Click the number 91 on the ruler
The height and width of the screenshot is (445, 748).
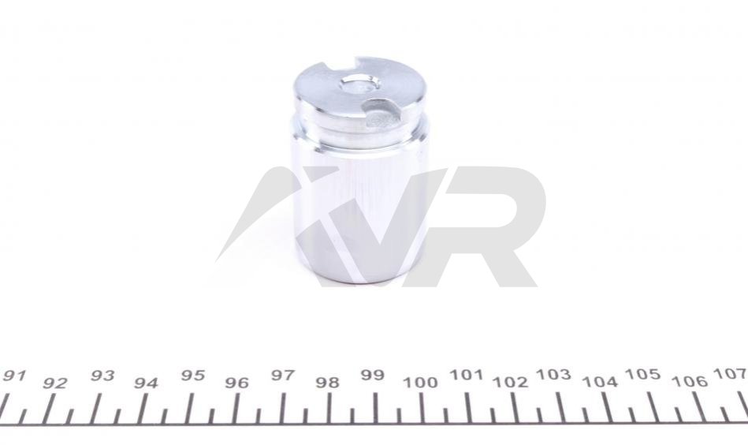(x=14, y=376)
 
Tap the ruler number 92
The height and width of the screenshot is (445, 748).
(x=54, y=383)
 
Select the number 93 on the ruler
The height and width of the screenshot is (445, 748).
(x=102, y=376)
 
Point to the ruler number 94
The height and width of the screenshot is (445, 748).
(x=146, y=383)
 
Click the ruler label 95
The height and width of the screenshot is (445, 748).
(x=193, y=376)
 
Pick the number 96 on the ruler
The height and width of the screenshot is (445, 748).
(x=237, y=383)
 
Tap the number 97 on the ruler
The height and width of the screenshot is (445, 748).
(x=283, y=376)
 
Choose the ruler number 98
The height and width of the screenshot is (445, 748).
(x=328, y=383)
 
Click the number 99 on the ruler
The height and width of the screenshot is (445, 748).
(x=373, y=375)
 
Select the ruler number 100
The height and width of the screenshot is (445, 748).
(x=420, y=383)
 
